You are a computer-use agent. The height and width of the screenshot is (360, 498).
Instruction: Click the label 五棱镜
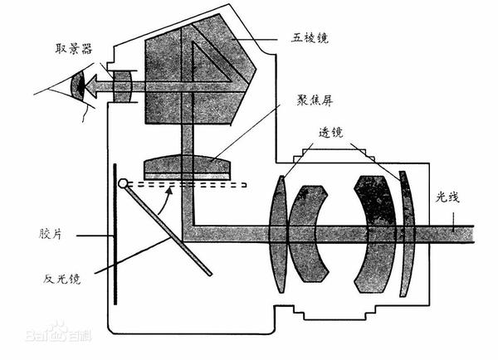click(x=310, y=38)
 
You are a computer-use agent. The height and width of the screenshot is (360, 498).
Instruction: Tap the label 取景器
click(x=74, y=49)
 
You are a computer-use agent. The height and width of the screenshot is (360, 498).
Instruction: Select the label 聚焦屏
click(x=315, y=100)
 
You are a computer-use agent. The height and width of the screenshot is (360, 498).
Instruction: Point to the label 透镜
click(x=331, y=133)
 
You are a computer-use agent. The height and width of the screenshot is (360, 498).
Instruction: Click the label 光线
click(x=448, y=197)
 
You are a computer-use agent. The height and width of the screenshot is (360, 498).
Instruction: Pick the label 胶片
click(x=51, y=234)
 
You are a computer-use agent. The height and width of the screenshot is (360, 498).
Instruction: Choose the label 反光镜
click(x=62, y=279)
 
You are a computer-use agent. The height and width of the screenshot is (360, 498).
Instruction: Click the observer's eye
click(x=78, y=85)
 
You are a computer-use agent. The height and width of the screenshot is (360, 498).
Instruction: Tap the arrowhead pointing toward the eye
click(x=91, y=86)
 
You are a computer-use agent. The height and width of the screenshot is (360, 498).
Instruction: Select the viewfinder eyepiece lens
click(x=122, y=86)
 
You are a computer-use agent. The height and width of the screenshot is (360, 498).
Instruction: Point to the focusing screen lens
click(x=187, y=167)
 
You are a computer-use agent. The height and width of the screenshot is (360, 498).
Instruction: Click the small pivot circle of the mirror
click(x=123, y=183)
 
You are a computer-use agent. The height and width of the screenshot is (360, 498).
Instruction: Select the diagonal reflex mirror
click(x=168, y=230)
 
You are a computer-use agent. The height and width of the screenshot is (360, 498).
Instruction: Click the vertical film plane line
click(x=115, y=234)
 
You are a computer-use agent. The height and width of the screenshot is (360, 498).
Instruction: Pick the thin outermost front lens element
click(x=408, y=234)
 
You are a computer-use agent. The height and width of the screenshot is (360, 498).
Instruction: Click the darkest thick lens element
click(x=376, y=234)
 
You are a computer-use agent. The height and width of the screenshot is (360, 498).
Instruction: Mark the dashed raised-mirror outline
click(x=188, y=184)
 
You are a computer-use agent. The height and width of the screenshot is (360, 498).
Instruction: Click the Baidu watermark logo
click(x=58, y=333)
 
